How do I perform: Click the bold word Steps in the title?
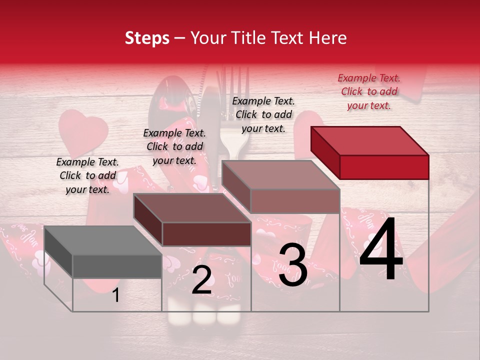pos(147,38)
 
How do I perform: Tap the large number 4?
pos(381,249)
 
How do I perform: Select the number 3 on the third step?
pos(293,265)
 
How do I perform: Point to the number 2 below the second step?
pos(201,280)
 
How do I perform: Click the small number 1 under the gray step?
pos(115,295)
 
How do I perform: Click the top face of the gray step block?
pos(102,240)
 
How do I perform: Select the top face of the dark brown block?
pos(192,208)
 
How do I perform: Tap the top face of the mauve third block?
pos(280,175)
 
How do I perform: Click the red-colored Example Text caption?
pos(369,91)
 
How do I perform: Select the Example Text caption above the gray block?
pos(87,175)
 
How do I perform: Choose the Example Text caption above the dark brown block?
pos(174,146)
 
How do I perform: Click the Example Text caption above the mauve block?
pos(263,114)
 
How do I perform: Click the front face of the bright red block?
pos(384,167)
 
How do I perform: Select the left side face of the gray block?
pos(58,252)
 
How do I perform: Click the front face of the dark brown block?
pos(206,234)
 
